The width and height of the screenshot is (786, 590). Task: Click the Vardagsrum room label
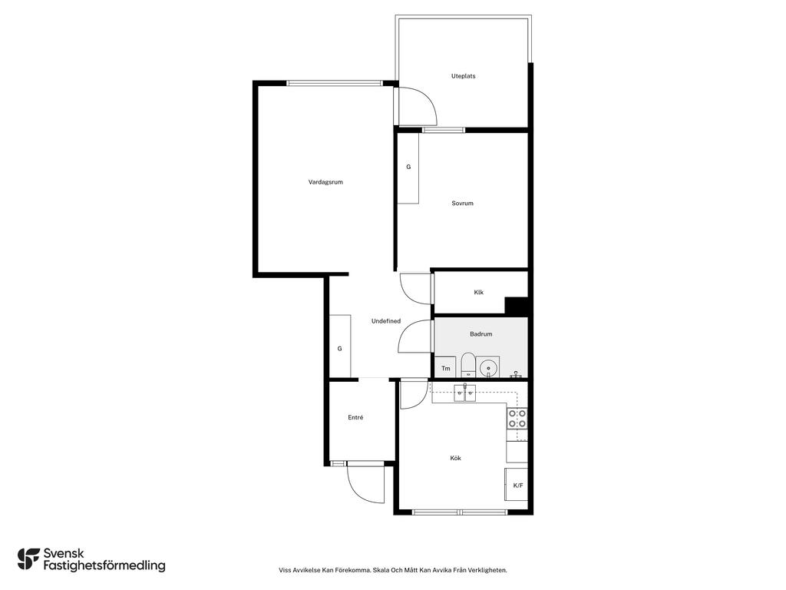point(325,182)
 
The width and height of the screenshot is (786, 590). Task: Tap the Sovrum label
point(462,203)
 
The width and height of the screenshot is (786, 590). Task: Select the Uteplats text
point(463,76)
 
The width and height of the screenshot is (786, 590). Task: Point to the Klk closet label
point(479,292)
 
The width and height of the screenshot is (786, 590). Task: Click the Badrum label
point(481,333)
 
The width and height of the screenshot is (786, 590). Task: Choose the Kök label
point(455,458)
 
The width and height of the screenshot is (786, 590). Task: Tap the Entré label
point(355,417)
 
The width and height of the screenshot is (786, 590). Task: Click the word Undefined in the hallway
point(386,321)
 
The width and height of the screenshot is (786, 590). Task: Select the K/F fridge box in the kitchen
point(517,485)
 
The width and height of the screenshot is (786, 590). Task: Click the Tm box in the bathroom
point(445,367)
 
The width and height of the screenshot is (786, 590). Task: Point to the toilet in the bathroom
point(468,365)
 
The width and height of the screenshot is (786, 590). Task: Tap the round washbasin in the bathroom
point(487,368)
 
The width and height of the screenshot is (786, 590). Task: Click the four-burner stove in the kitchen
point(517,419)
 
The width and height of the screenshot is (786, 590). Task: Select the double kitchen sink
point(465,393)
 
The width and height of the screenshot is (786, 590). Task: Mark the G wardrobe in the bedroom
point(408,168)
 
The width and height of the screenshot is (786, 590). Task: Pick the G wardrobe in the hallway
point(340,346)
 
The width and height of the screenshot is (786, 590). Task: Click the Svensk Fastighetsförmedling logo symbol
point(28,559)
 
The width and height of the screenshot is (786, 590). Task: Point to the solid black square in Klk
point(517,307)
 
